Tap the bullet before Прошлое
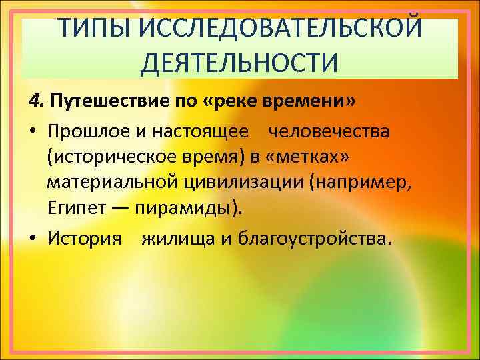point(32,132)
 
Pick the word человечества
point(329,131)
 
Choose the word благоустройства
point(307,239)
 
